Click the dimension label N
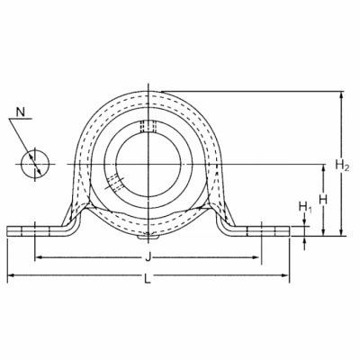tap(21, 112)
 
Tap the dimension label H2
tap(342, 165)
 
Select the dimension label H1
tap(305, 207)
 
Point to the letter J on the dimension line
tap(148, 257)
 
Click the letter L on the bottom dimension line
tap(148, 280)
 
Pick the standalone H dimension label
tap(323, 200)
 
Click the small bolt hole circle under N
tap(35, 164)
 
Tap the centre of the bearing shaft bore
tap(148, 164)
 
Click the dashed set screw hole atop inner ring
tap(148, 126)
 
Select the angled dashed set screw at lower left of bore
tap(113, 184)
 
